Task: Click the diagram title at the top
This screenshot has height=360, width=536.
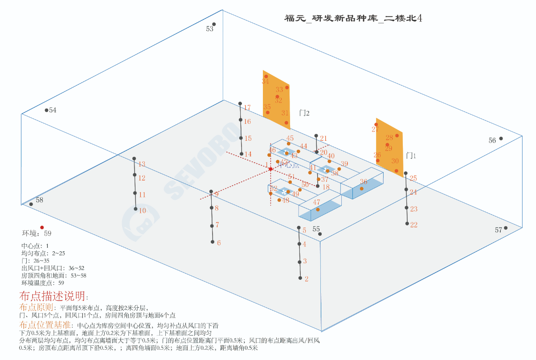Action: pyautogui.click(x=353, y=18)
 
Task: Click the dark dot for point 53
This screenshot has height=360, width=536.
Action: pyautogui.click(x=214, y=24)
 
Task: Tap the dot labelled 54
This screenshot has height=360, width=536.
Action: pyautogui.click(x=46, y=110)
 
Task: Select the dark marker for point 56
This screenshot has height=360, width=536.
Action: pyautogui.click(x=501, y=139)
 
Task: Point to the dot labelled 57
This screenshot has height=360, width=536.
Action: pyautogui.click(x=506, y=228)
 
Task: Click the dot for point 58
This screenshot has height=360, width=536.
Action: pyautogui.click(x=31, y=204)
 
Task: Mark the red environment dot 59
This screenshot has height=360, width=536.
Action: pyautogui.click(x=42, y=227)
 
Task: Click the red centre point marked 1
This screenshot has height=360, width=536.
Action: pyautogui.click(x=270, y=169)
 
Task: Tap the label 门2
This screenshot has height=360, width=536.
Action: pyautogui.click(x=304, y=113)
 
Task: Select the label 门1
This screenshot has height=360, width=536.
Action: pyautogui.click(x=411, y=156)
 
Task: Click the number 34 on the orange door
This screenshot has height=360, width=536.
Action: pyautogui.click(x=266, y=82)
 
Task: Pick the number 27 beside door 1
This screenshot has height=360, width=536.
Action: pyautogui.click(x=375, y=130)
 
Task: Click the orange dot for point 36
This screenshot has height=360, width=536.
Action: pyautogui.click(x=361, y=188)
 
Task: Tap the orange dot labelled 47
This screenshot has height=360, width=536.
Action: pyautogui.click(x=318, y=209)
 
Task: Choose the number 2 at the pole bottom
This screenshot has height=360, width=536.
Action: pyautogui.click(x=307, y=279)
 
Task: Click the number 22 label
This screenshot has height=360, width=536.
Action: pyautogui.click(x=413, y=225)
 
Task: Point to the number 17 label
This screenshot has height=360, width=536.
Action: pyautogui.click(x=247, y=108)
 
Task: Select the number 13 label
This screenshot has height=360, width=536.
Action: pyautogui.click(x=142, y=164)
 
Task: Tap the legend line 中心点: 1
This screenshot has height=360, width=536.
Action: pyautogui.click(x=35, y=246)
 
